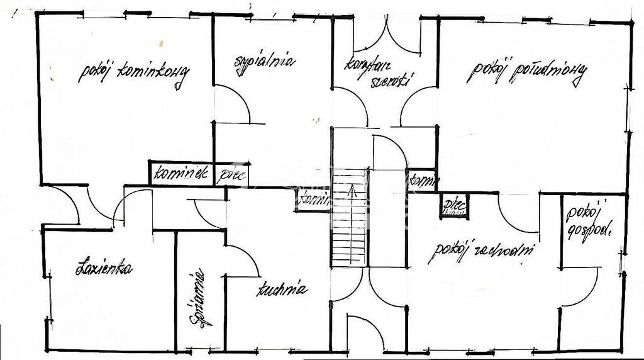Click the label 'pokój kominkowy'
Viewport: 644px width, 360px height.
(x=133, y=74)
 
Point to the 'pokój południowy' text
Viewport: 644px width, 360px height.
(x=527, y=72)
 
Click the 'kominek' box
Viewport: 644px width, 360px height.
(x=181, y=174)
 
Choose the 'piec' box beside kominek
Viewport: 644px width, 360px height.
(x=232, y=175)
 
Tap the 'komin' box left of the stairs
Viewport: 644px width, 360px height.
(x=313, y=200)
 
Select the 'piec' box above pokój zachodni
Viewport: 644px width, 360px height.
(x=453, y=205)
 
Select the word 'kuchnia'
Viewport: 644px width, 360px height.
(x=281, y=290)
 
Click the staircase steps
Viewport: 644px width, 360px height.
(x=349, y=227)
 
